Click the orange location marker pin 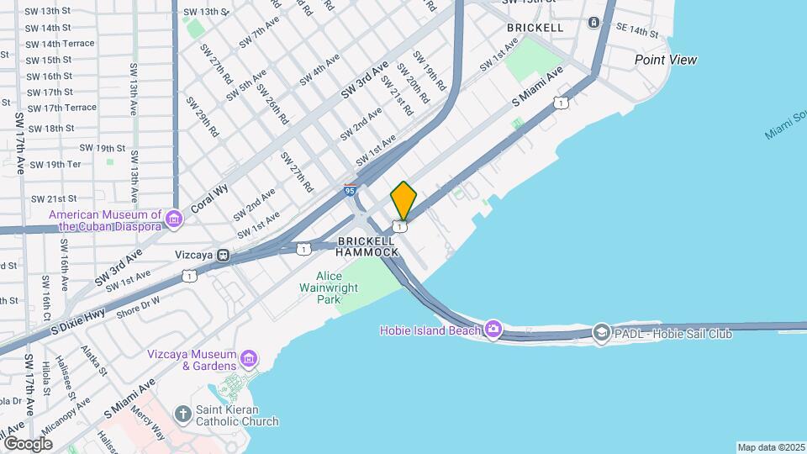click(x=403, y=200)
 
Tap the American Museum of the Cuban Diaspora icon click(x=174, y=219)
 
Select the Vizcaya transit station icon click(x=224, y=255)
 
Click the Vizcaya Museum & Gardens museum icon click(x=249, y=359)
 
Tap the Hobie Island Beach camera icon click(x=493, y=330)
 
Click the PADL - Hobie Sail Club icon click(x=601, y=334)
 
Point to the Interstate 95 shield click(x=350, y=190)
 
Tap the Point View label click(x=666, y=60)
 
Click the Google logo click(x=28, y=443)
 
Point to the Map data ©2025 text click(x=771, y=447)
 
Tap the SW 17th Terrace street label click(x=61, y=108)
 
